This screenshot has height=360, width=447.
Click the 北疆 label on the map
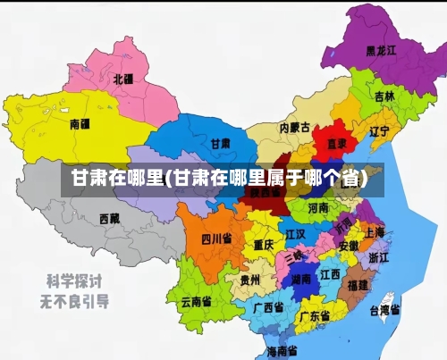click(122, 79)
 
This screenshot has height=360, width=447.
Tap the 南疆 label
click(80, 123)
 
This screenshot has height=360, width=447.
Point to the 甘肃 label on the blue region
click(220, 143)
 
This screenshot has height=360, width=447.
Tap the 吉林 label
click(384, 96)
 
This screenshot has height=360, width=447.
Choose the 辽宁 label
click(379, 131)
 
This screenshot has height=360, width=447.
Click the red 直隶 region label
click(337, 142)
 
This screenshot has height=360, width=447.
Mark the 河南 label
click(318, 208)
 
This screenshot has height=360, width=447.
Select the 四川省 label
click(215, 239)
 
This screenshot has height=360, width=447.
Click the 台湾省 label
click(384, 310)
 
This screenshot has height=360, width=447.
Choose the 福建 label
click(358, 285)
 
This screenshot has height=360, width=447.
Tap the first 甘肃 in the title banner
click(86, 178)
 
